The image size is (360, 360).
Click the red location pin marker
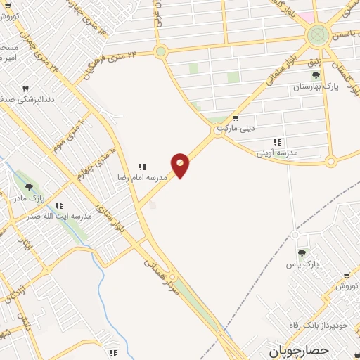(180, 165)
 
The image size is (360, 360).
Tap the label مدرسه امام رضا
(142, 178)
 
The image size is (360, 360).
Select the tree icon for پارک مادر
(29, 187)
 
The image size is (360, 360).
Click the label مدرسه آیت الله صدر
(64, 216)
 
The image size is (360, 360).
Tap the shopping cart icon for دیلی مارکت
(236, 118)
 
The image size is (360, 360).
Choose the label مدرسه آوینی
(277, 153)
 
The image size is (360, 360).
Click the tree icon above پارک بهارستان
(316, 75)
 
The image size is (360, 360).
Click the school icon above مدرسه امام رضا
(142, 167)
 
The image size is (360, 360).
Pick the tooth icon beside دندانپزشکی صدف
(27, 89)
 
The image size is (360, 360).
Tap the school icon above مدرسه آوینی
(277, 142)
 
